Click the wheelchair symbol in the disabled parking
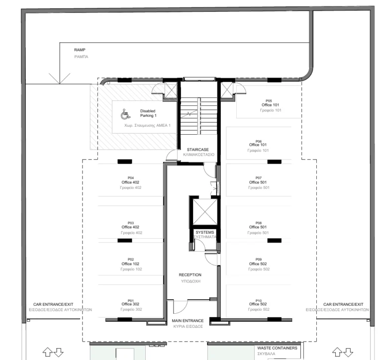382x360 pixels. coord(125,115)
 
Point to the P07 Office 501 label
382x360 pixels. coord(259,182)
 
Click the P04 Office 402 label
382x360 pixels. coord(131,182)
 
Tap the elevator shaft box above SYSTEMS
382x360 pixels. coord(203,212)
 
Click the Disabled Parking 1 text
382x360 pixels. coord(148,113)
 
